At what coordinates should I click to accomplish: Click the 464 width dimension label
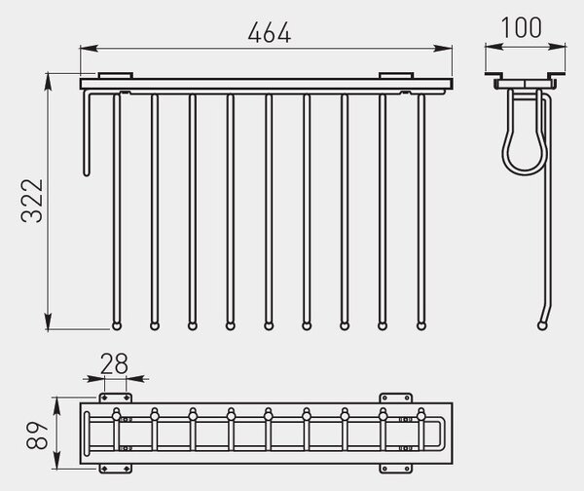(270, 33)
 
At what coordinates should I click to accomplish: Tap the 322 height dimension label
(32, 201)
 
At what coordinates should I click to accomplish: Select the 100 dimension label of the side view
(521, 27)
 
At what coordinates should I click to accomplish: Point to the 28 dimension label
(114, 363)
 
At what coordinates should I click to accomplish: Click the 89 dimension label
(37, 434)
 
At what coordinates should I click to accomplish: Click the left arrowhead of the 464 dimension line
(90, 48)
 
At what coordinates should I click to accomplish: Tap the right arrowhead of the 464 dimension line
(443, 48)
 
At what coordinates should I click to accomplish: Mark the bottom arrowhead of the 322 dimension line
(48, 321)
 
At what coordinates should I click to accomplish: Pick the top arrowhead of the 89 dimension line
(56, 406)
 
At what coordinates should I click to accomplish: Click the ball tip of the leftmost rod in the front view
(117, 326)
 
